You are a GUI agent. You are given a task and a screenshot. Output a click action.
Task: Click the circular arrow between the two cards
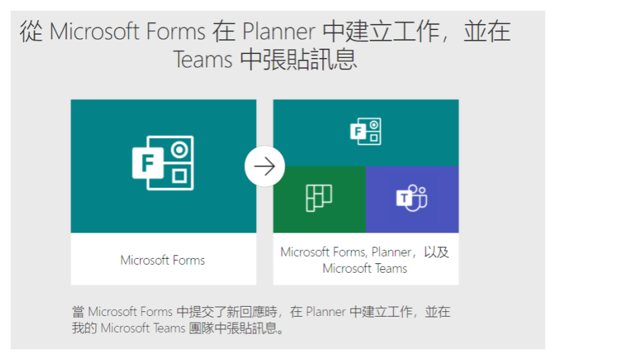[265, 166]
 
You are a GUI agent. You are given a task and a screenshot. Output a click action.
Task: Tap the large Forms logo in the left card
[163, 163]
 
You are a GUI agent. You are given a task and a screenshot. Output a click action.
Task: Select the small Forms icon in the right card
[365, 131]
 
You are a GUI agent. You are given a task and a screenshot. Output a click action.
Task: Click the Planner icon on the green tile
[319, 198]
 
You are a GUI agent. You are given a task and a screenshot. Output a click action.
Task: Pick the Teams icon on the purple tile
[411, 198]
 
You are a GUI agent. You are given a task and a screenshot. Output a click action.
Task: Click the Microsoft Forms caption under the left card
[163, 260]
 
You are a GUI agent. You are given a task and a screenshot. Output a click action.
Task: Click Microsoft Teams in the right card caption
[365, 269]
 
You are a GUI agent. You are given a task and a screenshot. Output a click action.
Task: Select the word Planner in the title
[279, 32]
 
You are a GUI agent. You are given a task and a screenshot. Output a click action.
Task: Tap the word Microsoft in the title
[93, 32]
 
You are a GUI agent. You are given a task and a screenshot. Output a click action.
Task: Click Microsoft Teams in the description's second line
[143, 328]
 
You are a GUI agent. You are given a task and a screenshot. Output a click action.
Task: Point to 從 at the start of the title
[31, 32]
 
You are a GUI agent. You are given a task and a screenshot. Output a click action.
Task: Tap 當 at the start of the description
[78, 311]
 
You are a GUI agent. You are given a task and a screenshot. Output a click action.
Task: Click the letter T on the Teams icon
[403, 197]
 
